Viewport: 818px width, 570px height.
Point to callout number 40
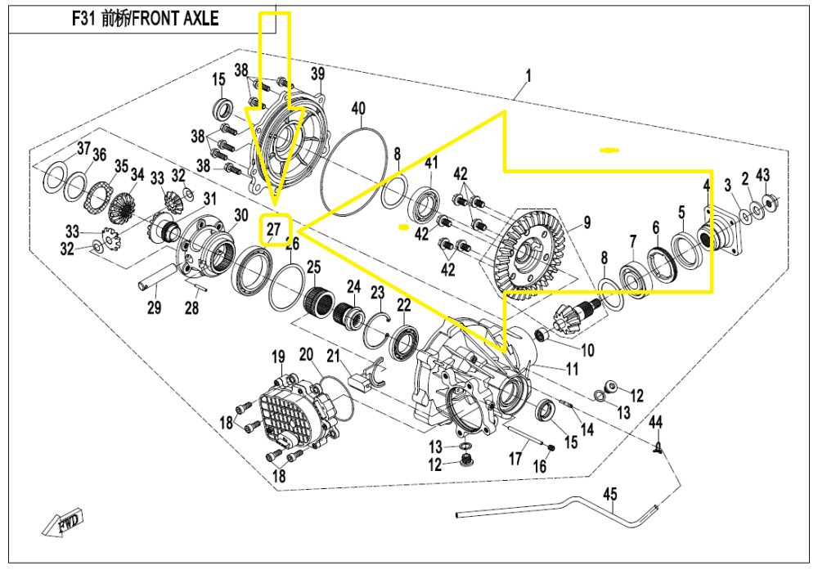pyautogui.click(x=357, y=109)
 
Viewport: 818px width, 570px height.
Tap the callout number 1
pyautogui.click(x=528, y=76)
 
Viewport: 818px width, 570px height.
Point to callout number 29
pyautogui.click(x=154, y=307)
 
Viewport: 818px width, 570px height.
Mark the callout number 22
pyautogui.click(x=404, y=305)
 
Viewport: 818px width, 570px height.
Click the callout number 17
pyautogui.click(x=515, y=459)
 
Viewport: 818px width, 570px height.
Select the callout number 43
pyautogui.click(x=762, y=175)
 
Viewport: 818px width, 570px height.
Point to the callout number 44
pyautogui.click(x=655, y=422)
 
